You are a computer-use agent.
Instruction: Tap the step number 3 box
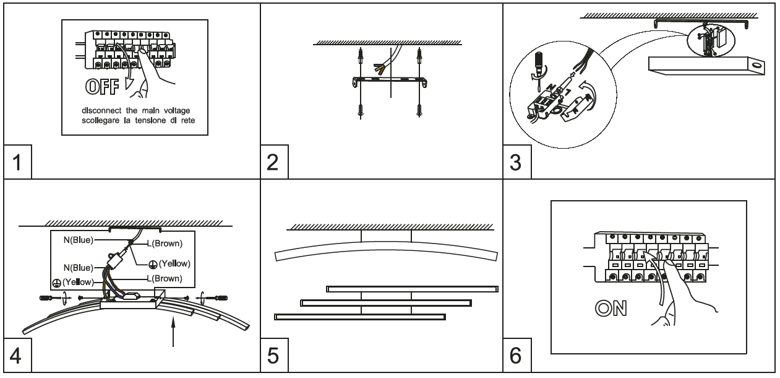pos(515,165)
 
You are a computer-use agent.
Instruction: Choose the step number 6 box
pos(515,357)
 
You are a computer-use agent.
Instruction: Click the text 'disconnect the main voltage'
pos(134,110)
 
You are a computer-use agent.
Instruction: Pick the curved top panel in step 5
pos(384,250)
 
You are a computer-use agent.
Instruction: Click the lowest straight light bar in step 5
pos(359,316)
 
